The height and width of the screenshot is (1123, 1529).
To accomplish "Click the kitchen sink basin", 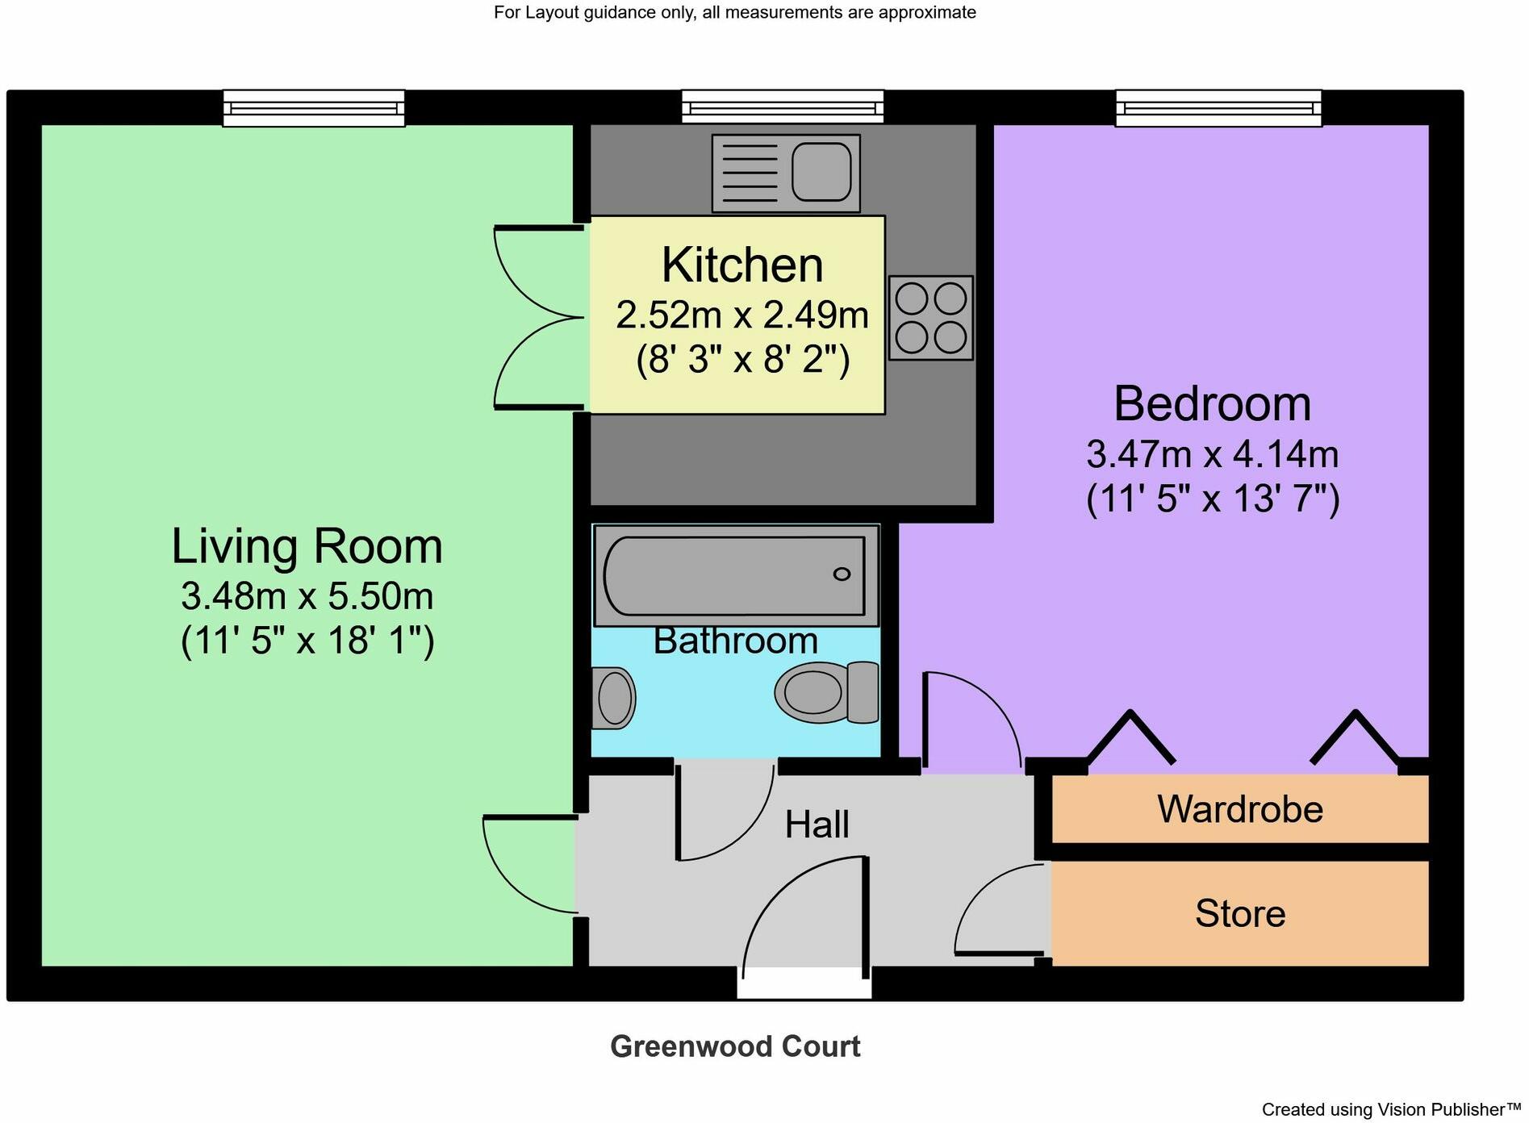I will click(x=821, y=172).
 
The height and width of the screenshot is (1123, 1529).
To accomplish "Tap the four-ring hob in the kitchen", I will click(x=930, y=318).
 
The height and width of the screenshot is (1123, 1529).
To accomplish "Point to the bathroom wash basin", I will click(x=612, y=698).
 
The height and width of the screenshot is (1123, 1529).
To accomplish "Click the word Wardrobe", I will click(x=1239, y=809).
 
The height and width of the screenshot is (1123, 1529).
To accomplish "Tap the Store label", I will click(x=1239, y=914).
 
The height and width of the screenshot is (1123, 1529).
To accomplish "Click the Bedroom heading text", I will click(x=1211, y=403).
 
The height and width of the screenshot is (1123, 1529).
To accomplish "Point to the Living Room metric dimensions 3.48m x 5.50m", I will click(x=307, y=597).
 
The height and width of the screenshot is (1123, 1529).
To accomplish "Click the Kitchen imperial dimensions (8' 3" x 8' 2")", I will click(x=742, y=359).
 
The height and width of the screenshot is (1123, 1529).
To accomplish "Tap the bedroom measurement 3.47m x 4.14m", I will click(x=1211, y=455).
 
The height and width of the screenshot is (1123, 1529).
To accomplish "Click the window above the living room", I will click(x=313, y=108).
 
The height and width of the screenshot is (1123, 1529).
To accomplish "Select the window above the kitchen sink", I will click(x=782, y=107).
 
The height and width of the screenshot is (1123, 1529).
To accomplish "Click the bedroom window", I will click(x=1218, y=108).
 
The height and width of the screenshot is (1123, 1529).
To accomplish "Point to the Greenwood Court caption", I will click(x=734, y=1047).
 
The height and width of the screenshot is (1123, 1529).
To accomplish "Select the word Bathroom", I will click(x=735, y=641).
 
